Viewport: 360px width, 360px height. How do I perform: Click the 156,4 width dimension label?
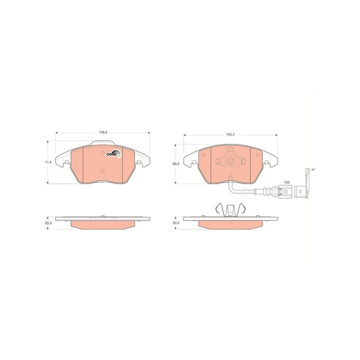point(103,132)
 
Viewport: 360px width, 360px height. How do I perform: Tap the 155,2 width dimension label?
point(230,134)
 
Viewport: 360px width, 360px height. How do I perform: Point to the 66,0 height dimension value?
point(176,164)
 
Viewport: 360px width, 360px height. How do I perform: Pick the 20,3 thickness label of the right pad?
point(176,222)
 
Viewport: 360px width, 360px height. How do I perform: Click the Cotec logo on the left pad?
point(112,153)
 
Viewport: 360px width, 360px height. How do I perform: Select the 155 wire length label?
point(286,183)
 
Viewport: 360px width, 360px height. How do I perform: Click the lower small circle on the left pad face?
point(103,171)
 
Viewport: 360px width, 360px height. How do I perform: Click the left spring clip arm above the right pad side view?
point(218,209)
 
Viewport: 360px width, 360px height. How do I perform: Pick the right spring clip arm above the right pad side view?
point(243,209)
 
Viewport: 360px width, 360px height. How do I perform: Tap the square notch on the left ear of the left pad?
point(66,162)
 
